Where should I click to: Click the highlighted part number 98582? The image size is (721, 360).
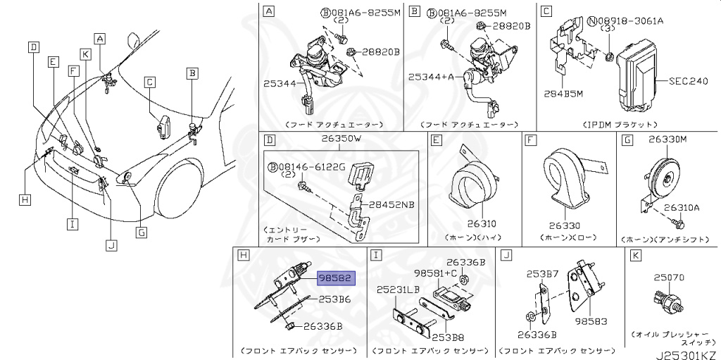pyautogui.click(x=337, y=278)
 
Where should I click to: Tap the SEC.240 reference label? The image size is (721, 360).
pyautogui.click(x=687, y=82)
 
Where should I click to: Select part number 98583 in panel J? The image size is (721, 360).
pyautogui.click(x=590, y=321)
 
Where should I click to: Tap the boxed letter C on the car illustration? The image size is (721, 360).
pyautogui.click(x=149, y=82)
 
